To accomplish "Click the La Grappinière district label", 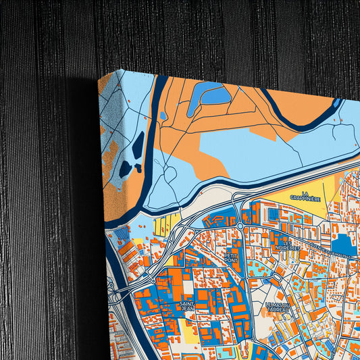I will tap(315, 196).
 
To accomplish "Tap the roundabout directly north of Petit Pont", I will tap(240, 226).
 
